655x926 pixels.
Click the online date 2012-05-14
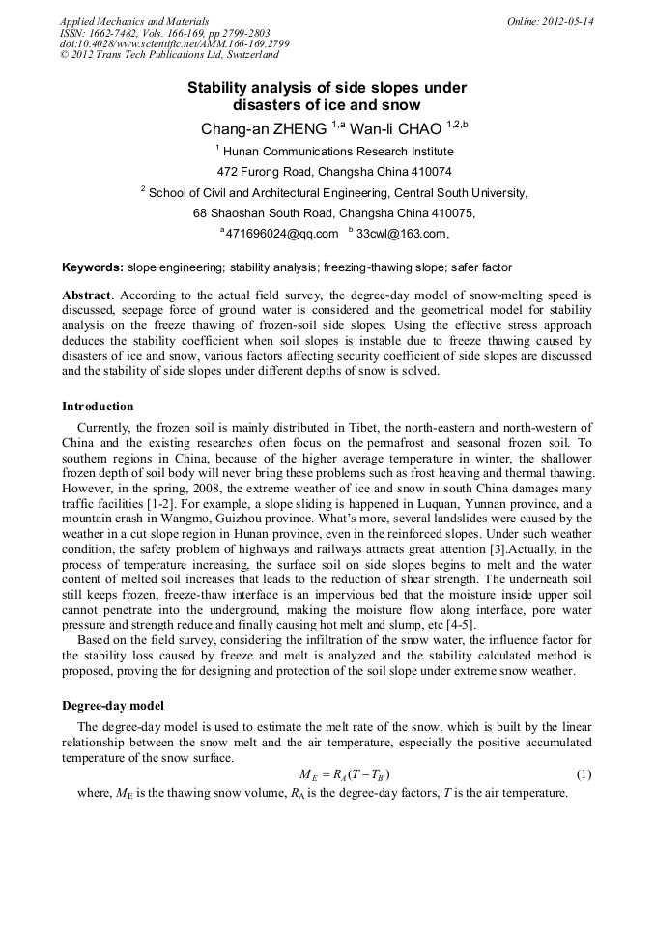567,21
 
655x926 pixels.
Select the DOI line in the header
175,44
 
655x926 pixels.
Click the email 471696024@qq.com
283,234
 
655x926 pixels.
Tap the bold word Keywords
92,267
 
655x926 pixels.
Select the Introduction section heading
98,406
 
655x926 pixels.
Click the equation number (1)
584,775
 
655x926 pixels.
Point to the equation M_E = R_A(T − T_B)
345,775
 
